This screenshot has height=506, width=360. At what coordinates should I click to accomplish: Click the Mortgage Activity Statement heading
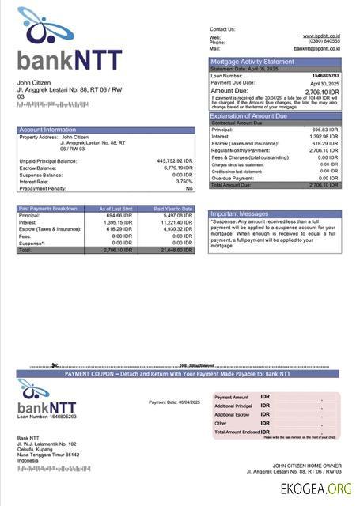click(x=252, y=62)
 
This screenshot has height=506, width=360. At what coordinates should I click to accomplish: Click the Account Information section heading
click(x=47, y=130)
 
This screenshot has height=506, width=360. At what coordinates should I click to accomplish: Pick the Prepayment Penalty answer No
click(x=189, y=188)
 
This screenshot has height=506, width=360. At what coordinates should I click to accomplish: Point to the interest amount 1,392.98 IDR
click(x=324, y=136)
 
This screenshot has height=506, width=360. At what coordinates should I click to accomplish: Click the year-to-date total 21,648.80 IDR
click(x=176, y=250)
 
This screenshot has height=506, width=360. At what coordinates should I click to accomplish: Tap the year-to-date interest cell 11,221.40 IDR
click(x=176, y=222)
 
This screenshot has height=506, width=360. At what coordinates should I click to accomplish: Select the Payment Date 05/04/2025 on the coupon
click(x=174, y=402)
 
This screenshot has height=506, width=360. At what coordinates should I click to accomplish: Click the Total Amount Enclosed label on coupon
click(x=237, y=432)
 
